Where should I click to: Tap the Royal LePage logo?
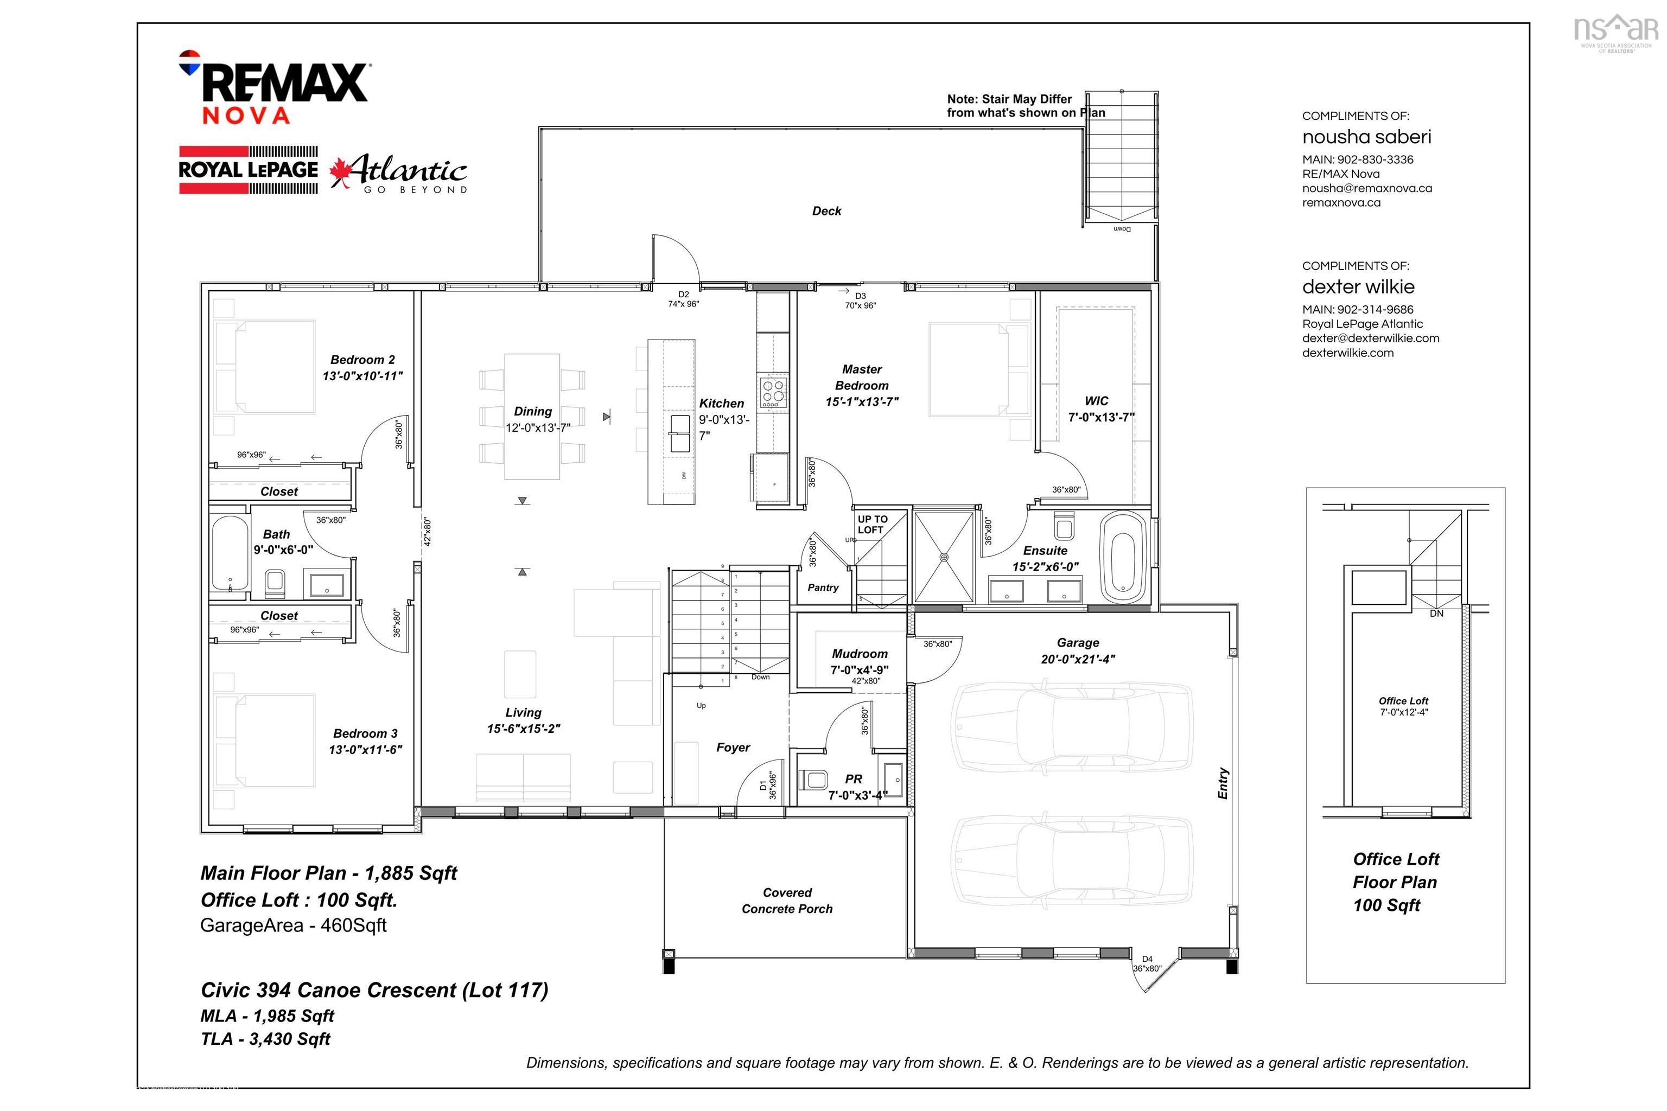tap(248, 170)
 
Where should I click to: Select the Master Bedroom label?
tap(862, 378)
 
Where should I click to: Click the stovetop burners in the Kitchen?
tap(773, 392)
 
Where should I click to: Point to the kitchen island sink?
tap(680, 433)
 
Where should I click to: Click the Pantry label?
tap(823, 588)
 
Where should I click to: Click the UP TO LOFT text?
tap(873, 525)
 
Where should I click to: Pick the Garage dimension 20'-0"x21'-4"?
tap(1078, 659)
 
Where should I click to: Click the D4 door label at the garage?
tap(1148, 959)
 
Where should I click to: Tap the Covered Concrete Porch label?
tap(787, 901)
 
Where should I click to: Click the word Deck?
tap(826, 211)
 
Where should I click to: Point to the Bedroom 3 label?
tap(365, 733)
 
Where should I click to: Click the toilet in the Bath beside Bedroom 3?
tap(274, 583)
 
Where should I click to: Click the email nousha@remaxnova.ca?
tap(1366, 188)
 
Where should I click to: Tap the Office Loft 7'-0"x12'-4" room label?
tap(1403, 706)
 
